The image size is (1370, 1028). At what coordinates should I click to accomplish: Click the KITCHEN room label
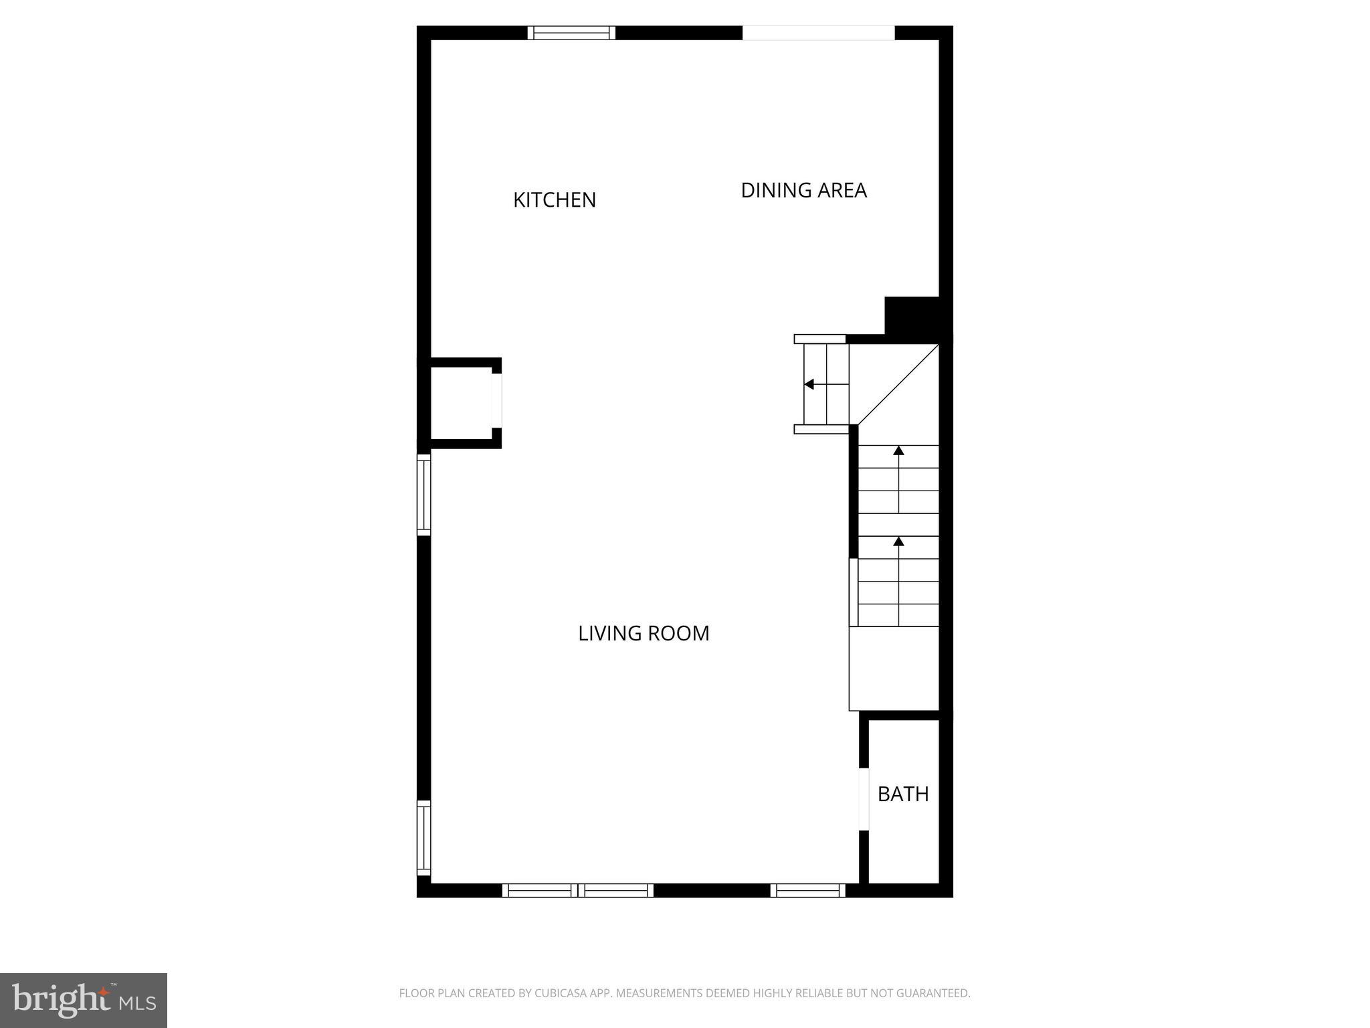[x=554, y=200]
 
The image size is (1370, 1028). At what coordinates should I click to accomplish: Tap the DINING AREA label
[x=803, y=191]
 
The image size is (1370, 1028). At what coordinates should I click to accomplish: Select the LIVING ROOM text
[x=644, y=633]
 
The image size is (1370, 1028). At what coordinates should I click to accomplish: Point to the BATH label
[x=903, y=794]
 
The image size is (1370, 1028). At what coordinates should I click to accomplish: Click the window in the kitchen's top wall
[x=571, y=33]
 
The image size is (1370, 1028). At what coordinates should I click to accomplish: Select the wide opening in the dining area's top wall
[x=818, y=33]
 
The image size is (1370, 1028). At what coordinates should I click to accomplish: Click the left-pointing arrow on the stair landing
[x=809, y=384]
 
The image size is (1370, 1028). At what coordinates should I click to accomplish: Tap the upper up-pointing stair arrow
[x=898, y=451]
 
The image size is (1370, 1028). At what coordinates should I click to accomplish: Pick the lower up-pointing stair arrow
[x=898, y=541]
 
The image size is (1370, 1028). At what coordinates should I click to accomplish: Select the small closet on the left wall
[x=462, y=403]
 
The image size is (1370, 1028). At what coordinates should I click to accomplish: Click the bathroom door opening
[x=864, y=799]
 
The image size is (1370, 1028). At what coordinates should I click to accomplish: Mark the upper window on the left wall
[x=423, y=495]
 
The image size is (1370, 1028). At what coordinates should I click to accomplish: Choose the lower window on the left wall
[x=423, y=837]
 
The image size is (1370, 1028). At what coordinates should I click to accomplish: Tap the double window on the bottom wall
[x=577, y=890]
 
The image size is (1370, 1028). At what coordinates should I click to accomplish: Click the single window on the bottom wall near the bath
[x=807, y=890]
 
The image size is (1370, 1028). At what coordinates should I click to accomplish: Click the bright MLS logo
[x=84, y=1001]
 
